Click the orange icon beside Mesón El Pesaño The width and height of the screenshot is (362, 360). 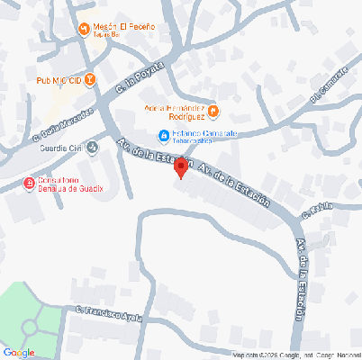coord(84,28)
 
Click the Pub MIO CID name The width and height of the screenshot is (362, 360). coord(59,81)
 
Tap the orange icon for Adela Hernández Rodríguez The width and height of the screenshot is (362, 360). coord(225,112)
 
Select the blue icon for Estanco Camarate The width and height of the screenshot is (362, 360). coord(163,136)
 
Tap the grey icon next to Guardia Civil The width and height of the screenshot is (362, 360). coord(92,148)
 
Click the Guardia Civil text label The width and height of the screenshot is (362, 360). coord(60,148)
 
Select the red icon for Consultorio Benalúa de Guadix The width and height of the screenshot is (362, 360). coord(29,184)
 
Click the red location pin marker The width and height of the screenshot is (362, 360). coord(180,167)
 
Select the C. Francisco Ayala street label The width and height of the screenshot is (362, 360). coord(110,315)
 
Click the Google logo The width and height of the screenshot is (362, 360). coord(19,352)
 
